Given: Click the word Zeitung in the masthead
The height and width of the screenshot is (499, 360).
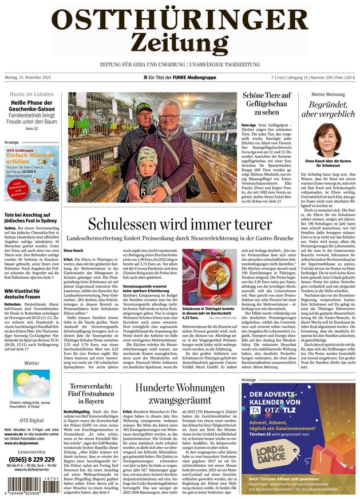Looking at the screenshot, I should pos(180,42).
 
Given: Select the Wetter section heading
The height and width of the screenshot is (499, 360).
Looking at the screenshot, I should pos(32,363).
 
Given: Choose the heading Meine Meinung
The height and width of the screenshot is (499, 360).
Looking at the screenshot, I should pos(327,94).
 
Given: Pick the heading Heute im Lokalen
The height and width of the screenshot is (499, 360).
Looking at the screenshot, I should pos(32,94).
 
